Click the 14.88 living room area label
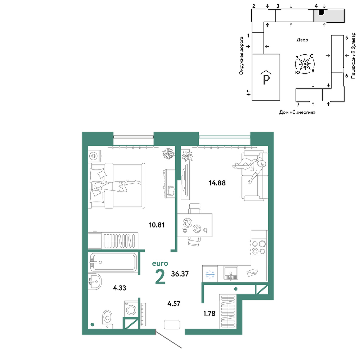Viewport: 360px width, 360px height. point(217,183)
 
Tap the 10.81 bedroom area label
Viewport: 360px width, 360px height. point(157,225)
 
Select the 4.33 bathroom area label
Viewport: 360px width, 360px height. point(120,288)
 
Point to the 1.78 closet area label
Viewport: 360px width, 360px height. point(210,314)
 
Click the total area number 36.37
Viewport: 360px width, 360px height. point(180,274)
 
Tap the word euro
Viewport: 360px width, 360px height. point(160,264)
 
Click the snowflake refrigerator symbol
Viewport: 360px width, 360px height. point(210,274)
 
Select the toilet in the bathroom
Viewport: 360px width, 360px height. point(107,319)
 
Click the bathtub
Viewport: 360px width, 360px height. point(113,262)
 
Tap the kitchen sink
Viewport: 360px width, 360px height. point(231,273)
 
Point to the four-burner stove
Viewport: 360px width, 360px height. point(259,247)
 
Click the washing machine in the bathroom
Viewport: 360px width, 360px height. point(131,309)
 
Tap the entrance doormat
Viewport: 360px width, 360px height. point(172,325)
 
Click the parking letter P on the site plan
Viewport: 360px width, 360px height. point(266,80)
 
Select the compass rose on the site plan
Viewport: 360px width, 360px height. point(305,64)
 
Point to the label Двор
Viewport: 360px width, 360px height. point(302,40)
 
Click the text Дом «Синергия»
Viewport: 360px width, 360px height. point(297,112)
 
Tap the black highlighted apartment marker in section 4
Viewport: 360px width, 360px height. point(322,12)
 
